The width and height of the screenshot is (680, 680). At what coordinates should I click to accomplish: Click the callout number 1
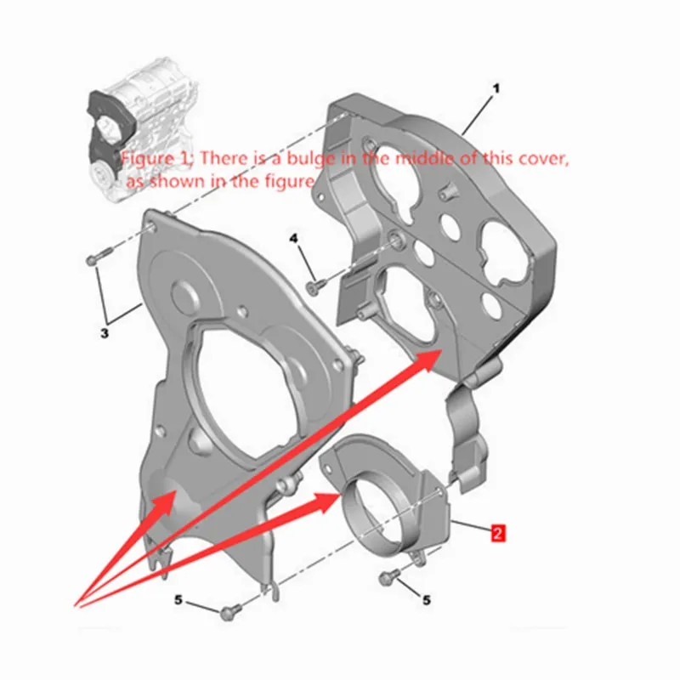[x=496, y=89]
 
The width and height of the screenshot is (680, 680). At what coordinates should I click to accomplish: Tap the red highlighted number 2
[x=498, y=533]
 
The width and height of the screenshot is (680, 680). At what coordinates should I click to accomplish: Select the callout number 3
[x=104, y=334]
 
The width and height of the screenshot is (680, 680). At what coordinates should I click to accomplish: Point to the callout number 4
[x=294, y=239]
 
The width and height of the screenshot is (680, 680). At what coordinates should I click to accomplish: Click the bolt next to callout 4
[x=315, y=286]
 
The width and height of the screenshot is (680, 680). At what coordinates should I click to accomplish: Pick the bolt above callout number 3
[x=99, y=256]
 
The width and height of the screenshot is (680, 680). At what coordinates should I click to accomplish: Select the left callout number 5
[x=178, y=600]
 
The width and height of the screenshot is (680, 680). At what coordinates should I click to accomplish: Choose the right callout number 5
[x=427, y=600]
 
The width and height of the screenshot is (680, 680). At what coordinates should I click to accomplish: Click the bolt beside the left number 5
[x=228, y=612]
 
